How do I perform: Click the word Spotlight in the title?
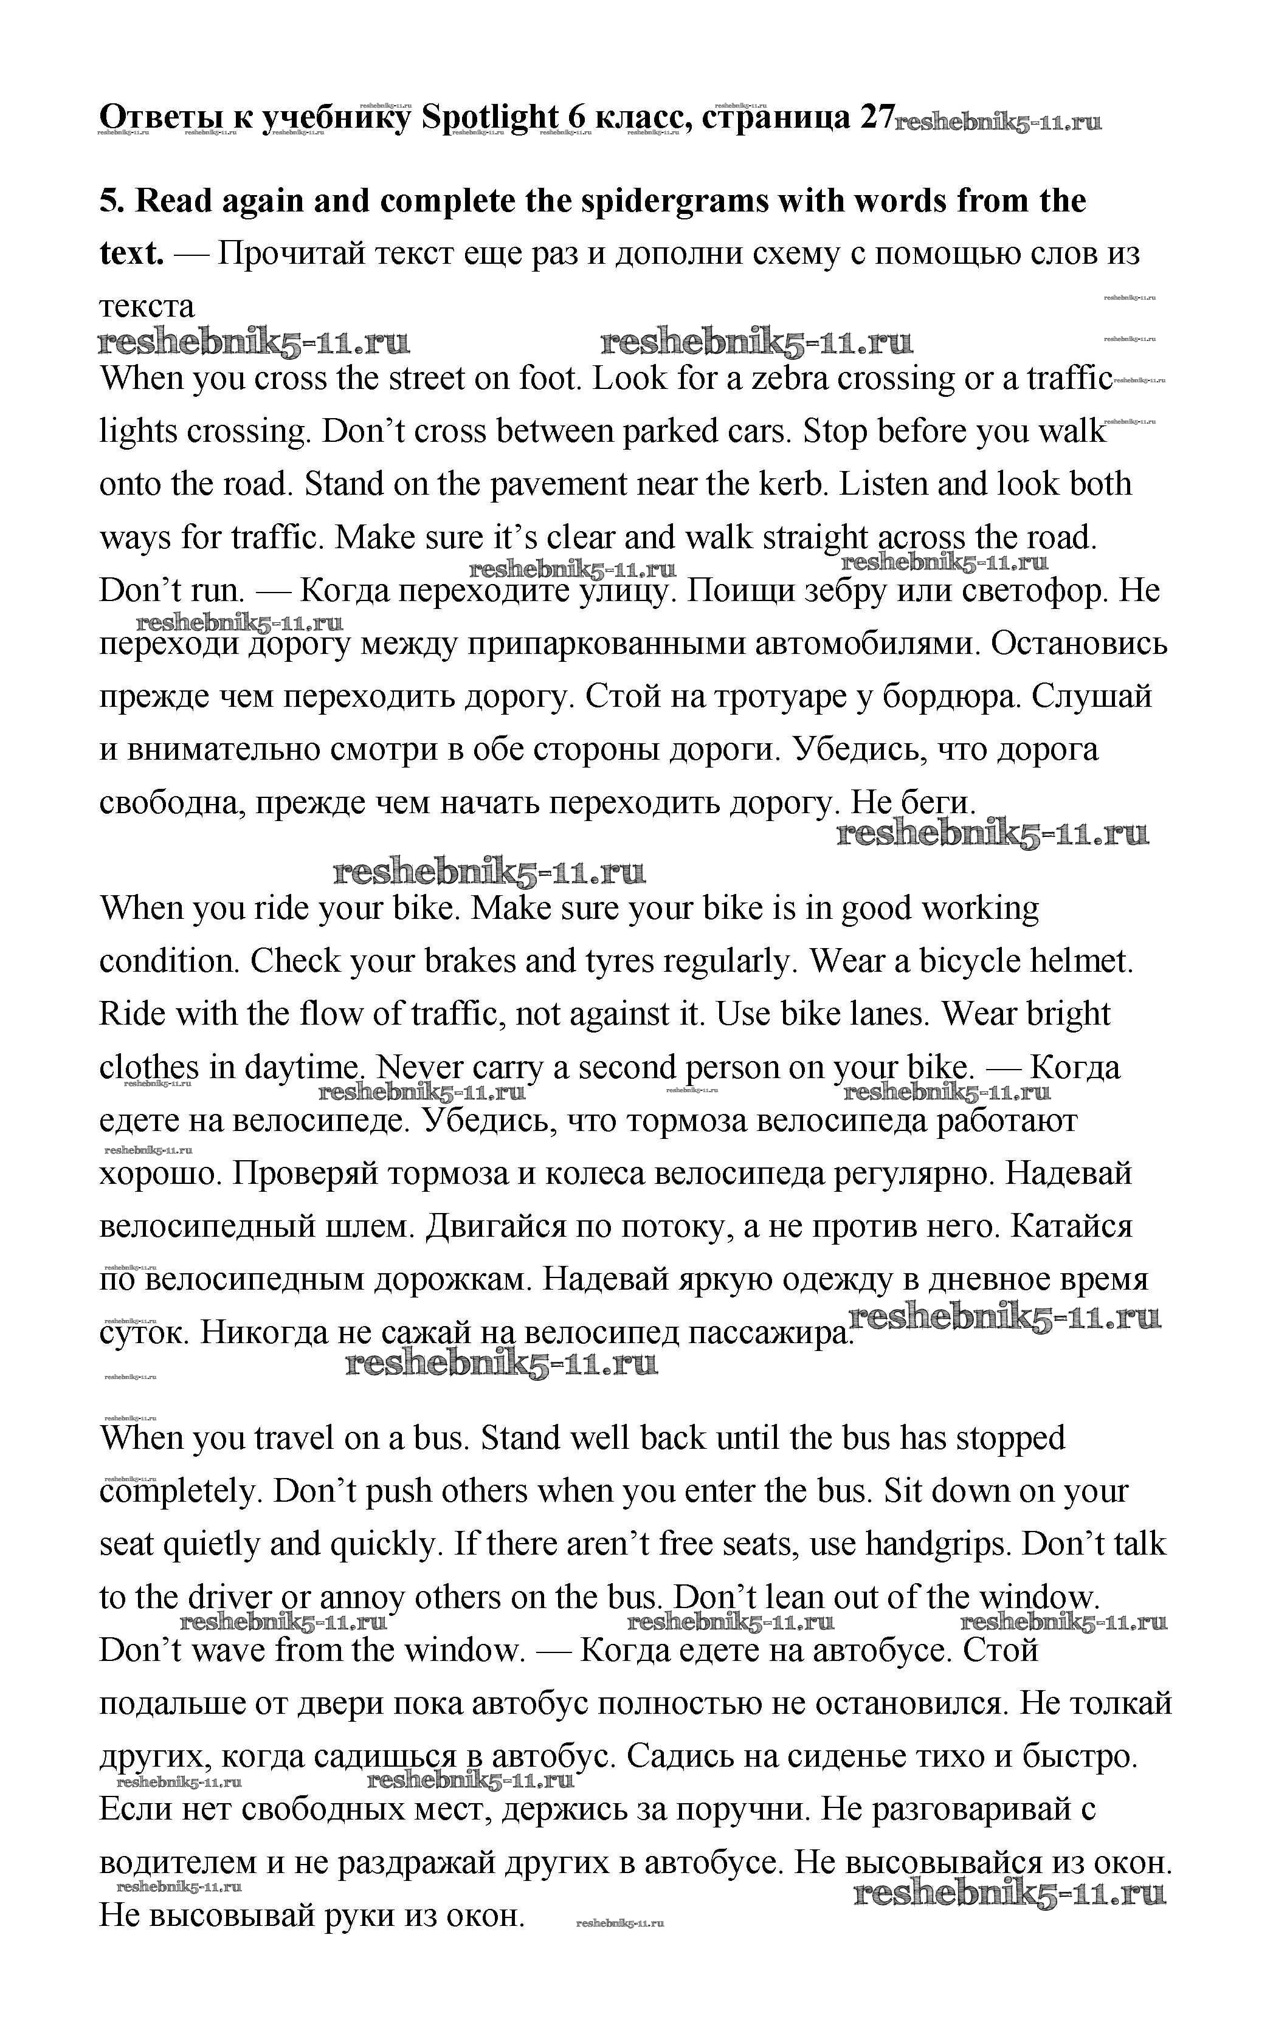pyautogui.click(x=489, y=117)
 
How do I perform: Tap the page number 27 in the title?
pyautogui.click(x=875, y=117)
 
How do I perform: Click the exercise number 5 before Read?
pyautogui.click(x=108, y=201)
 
